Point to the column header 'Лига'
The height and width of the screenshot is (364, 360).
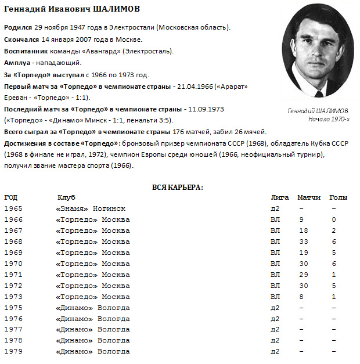(x=279, y=198)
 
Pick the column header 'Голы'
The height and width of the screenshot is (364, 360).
(x=339, y=198)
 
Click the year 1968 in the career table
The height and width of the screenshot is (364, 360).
(x=13, y=242)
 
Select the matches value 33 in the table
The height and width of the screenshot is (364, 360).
(x=302, y=242)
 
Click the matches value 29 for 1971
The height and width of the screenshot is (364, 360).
(x=302, y=275)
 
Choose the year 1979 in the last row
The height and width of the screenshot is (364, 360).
(x=13, y=352)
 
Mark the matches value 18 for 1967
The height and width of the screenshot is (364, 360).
(x=302, y=231)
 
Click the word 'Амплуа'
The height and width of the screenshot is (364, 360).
(x=17, y=63)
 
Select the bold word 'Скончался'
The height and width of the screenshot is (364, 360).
(x=21, y=40)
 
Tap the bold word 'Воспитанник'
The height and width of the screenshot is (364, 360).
(x=26, y=52)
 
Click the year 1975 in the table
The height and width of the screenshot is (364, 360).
(x=13, y=308)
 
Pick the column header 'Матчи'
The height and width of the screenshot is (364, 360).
(x=309, y=198)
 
